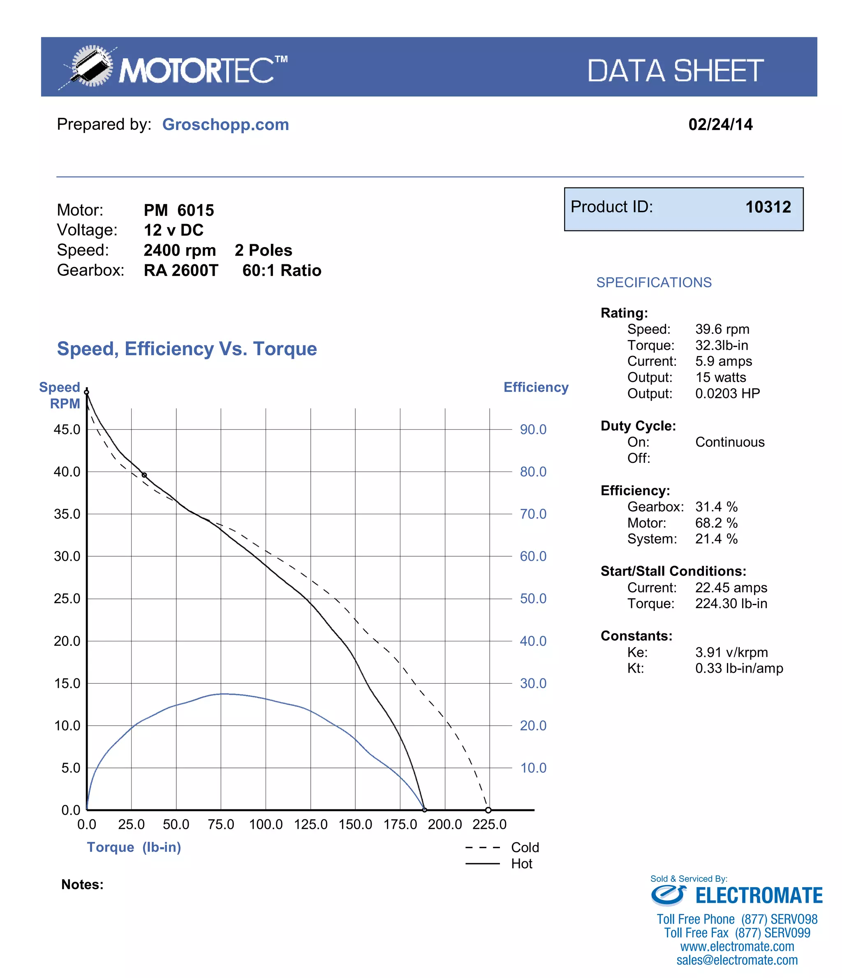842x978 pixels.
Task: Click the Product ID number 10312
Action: (768, 207)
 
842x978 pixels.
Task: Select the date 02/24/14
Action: (720, 124)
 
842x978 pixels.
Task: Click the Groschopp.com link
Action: (225, 124)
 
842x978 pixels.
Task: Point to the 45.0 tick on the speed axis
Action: (67, 430)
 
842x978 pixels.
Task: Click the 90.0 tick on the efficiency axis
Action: (533, 430)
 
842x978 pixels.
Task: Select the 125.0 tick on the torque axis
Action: (310, 825)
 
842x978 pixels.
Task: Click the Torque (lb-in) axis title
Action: (134, 847)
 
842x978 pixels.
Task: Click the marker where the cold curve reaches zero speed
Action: (488, 810)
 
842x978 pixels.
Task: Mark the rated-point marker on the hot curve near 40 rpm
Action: (144, 475)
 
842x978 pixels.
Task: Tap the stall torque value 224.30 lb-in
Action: (731, 604)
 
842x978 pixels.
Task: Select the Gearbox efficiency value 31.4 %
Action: (716, 507)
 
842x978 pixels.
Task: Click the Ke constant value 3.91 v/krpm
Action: (731, 652)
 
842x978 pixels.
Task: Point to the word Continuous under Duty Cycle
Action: (729, 442)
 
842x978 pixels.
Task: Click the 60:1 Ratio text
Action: (281, 271)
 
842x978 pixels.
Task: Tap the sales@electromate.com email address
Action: (737, 960)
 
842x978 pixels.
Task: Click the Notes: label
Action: (82, 885)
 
